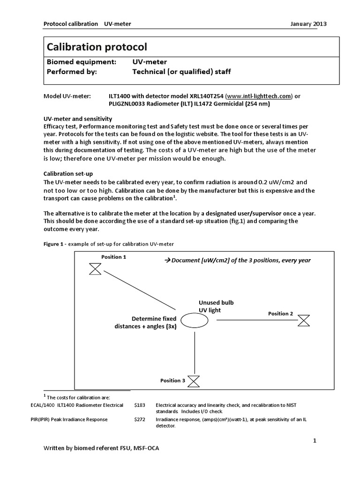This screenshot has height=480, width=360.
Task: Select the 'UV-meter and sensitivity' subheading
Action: tap(77, 119)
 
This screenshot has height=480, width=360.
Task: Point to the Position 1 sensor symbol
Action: tap(96, 269)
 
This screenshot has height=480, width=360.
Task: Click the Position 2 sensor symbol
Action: tap(304, 320)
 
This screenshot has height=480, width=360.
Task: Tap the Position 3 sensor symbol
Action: tap(193, 381)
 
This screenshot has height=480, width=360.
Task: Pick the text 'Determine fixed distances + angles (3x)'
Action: tap(145, 323)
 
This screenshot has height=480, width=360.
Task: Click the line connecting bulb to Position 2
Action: tap(257, 320)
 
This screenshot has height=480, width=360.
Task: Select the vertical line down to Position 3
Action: tap(194, 352)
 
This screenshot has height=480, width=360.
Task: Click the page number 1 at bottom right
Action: tap(315, 441)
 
